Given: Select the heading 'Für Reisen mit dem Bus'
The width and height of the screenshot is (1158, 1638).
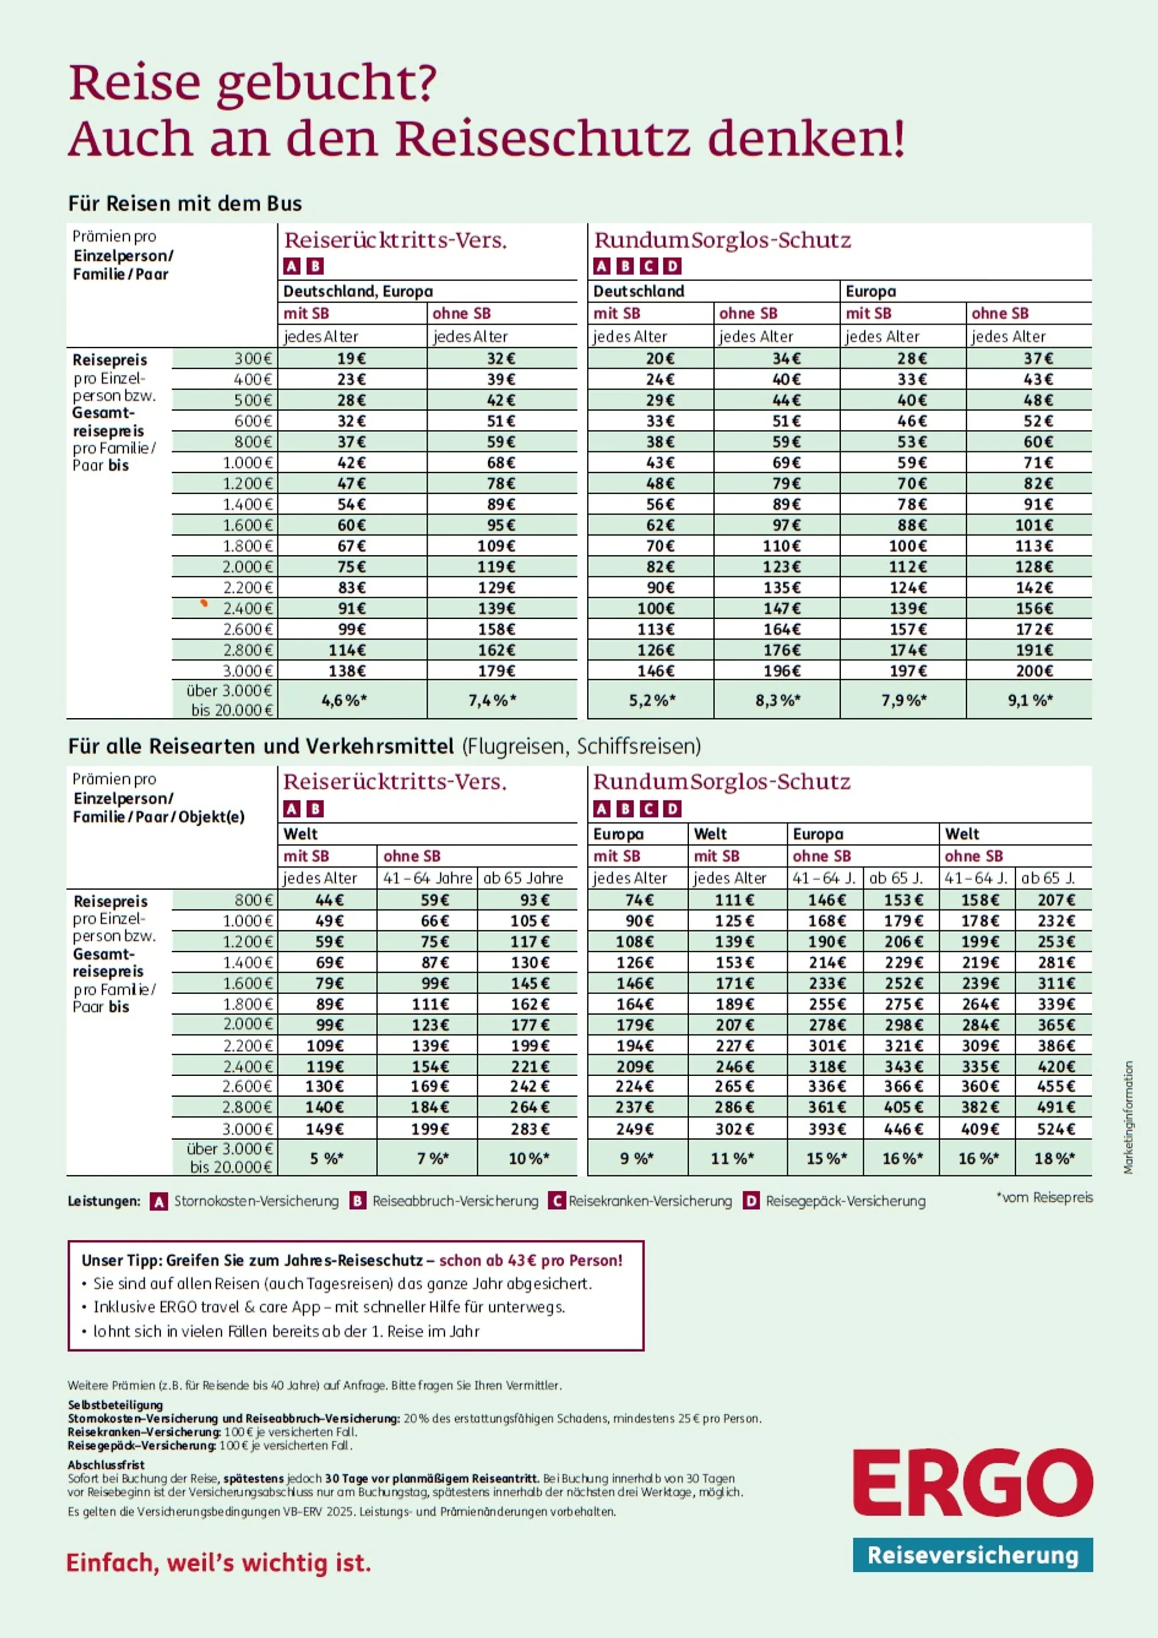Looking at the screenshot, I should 185,204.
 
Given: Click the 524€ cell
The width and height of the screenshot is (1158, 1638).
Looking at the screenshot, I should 1055,1129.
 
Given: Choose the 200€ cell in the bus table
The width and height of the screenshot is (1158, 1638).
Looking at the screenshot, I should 1034,671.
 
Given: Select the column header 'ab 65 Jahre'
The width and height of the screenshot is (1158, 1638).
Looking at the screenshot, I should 523,878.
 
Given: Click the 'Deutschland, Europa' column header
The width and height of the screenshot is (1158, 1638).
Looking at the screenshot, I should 358,291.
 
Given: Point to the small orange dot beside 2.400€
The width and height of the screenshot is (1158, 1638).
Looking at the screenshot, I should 204,603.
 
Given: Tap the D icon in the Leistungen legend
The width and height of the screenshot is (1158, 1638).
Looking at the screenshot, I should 750,1201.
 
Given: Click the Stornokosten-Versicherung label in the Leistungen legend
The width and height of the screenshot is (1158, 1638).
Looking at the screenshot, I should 256,1201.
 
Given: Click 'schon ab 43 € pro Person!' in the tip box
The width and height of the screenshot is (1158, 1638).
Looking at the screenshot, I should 530,1261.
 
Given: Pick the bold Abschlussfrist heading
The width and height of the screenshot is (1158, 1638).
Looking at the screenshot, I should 107,1465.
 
